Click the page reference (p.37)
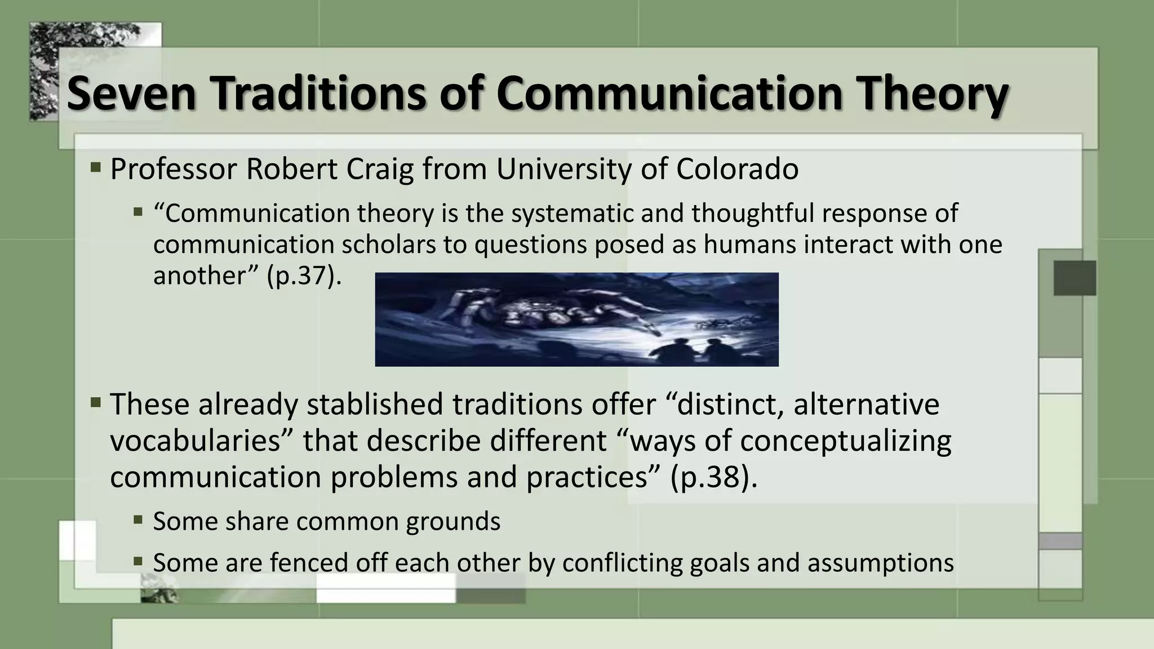[304, 275]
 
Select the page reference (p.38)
[714, 477]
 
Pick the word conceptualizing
[845, 441]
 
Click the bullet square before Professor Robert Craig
[95, 167]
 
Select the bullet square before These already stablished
[95, 402]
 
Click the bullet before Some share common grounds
[138, 519]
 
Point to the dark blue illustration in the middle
[576, 319]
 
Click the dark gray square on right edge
[1075, 278]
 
